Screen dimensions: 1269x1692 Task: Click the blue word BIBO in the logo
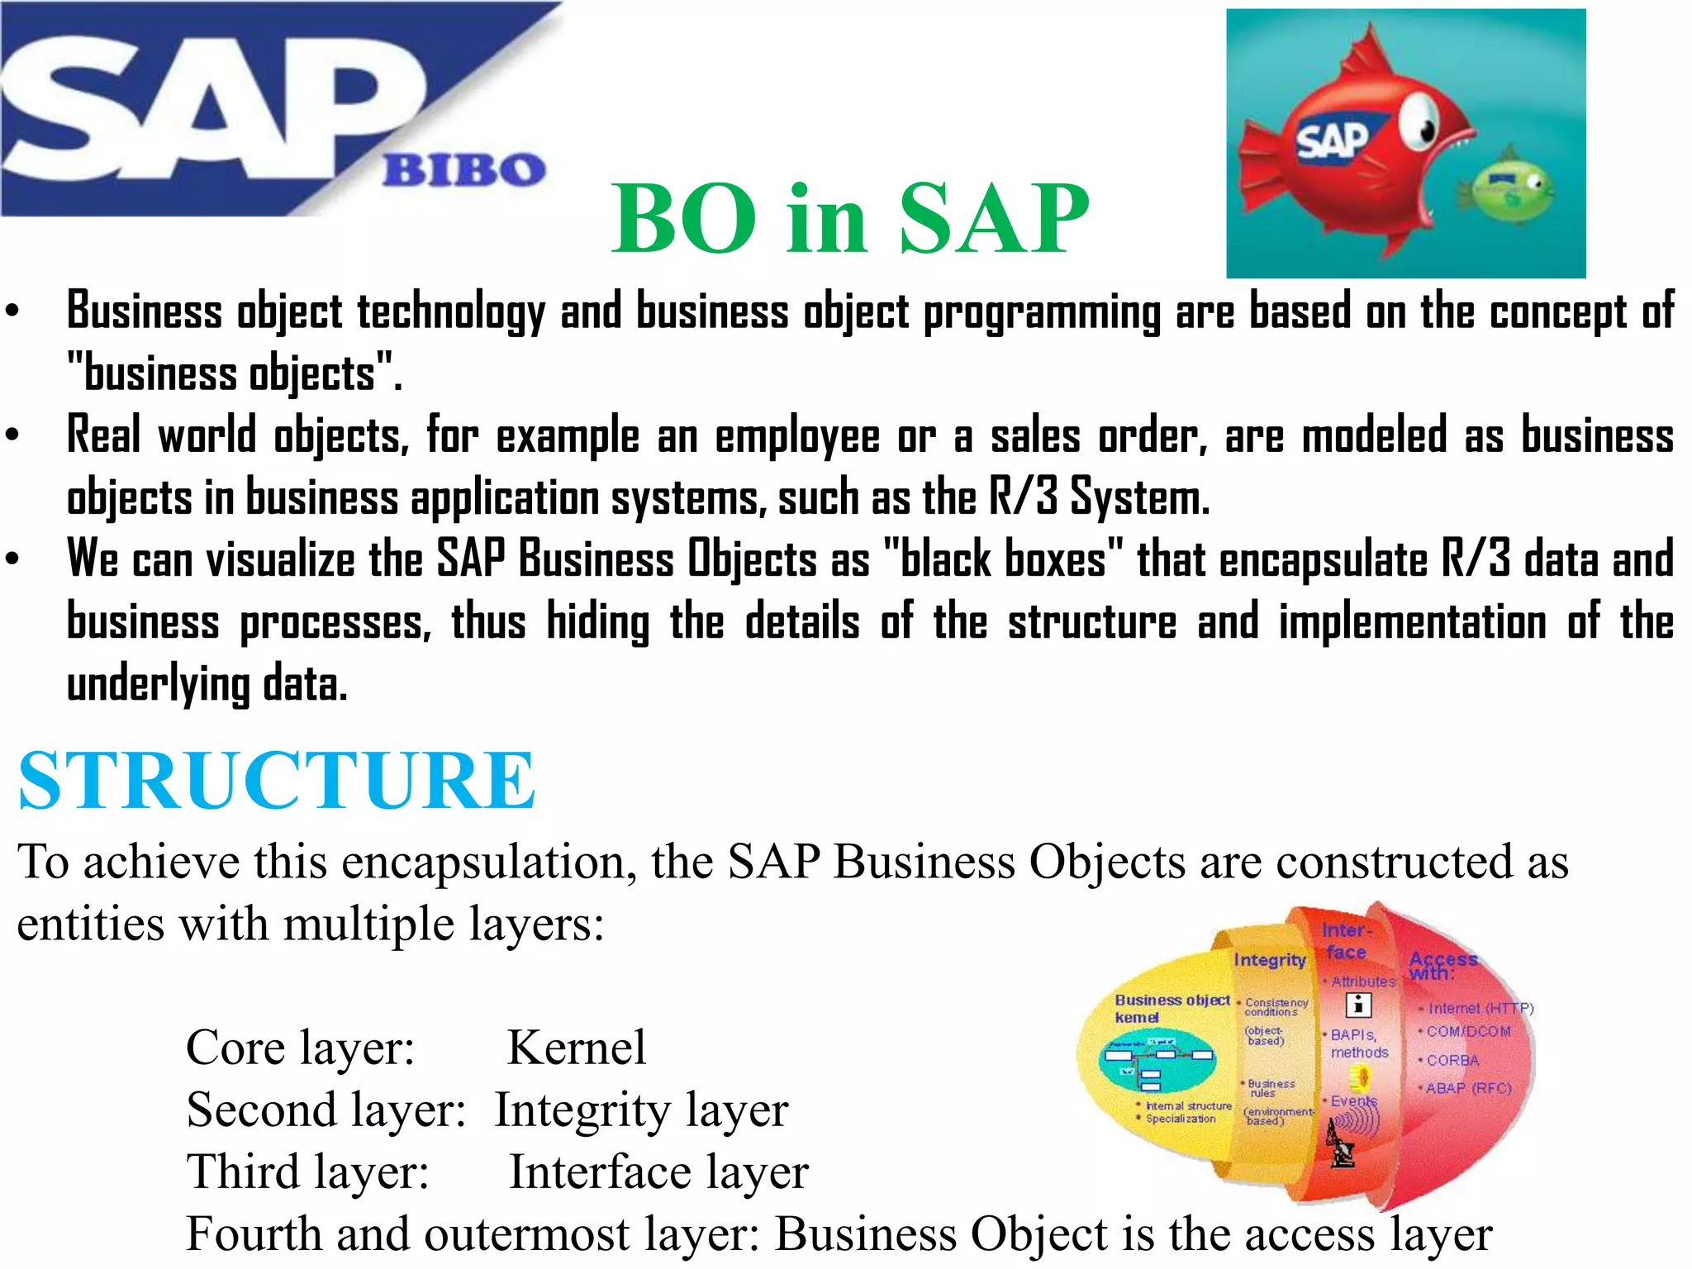point(463,169)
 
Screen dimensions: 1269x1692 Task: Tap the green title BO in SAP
point(849,218)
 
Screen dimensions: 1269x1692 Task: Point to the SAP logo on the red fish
point(1331,140)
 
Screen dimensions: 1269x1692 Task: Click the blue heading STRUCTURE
point(277,780)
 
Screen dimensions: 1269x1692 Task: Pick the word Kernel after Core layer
point(576,1048)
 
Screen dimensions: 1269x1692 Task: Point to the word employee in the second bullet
point(797,436)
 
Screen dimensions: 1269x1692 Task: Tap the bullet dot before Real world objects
point(12,435)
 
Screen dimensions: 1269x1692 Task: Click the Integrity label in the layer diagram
point(1269,960)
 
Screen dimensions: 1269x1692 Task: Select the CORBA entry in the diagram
point(1452,1060)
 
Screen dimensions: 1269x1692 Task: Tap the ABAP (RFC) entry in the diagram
point(1468,1088)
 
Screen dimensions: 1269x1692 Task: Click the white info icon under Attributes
point(1358,1005)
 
